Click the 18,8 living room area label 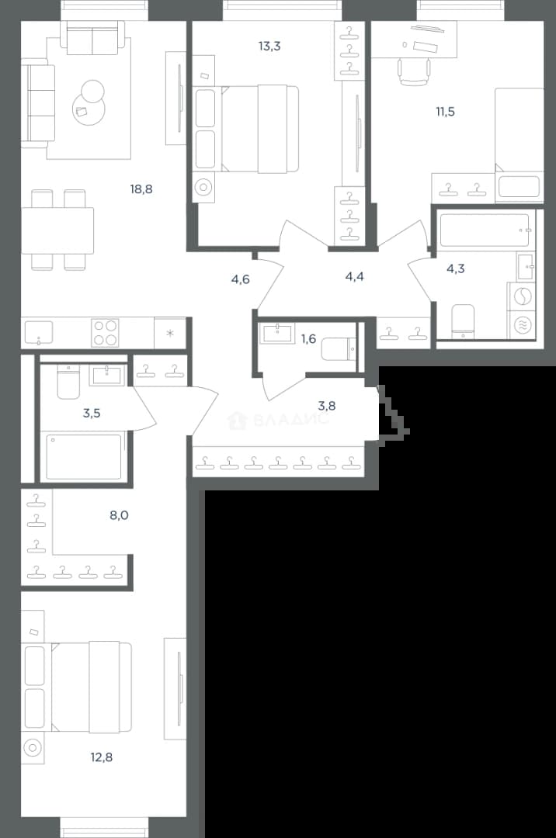(141, 189)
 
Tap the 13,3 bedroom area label (269, 46)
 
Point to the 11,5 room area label (445, 112)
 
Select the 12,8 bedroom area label (101, 757)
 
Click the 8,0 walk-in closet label (119, 515)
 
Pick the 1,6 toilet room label (308, 338)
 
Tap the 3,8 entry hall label (327, 406)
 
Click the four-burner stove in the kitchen (105, 332)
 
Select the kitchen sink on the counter (39, 332)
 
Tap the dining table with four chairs (57, 230)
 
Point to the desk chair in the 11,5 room (414, 71)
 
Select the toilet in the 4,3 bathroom (463, 322)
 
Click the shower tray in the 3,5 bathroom (84, 457)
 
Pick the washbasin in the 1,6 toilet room (277, 334)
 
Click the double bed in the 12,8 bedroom (92, 687)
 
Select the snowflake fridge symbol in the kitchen (170, 334)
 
